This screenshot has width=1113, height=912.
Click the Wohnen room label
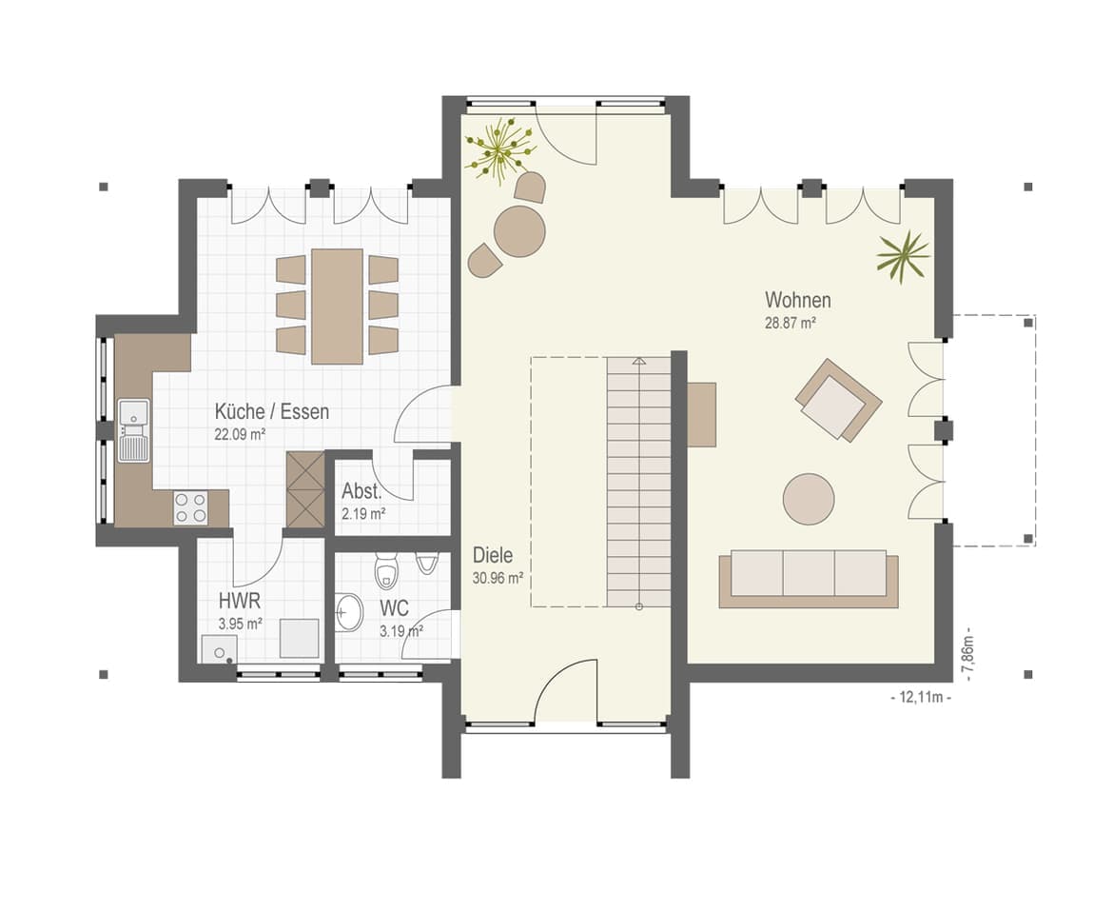click(x=798, y=300)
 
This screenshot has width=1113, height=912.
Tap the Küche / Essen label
click(x=272, y=411)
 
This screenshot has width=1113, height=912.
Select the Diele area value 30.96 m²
click(x=498, y=578)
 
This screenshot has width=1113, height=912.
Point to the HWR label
click(x=239, y=602)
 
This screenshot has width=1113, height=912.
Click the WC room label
click(x=394, y=608)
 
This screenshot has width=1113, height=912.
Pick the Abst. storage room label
click(x=361, y=491)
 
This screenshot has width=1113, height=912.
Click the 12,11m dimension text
click(x=921, y=698)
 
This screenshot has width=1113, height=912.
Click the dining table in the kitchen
click(x=337, y=307)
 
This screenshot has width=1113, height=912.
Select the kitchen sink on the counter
click(x=134, y=430)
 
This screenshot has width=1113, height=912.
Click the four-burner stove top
click(x=191, y=507)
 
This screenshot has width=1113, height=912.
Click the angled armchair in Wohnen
click(x=838, y=400)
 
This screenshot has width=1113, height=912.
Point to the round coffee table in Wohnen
click(x=809, y=500)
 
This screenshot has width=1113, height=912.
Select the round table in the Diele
click(x=519, y=231)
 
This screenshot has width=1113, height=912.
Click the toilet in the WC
click(x=385, y=572)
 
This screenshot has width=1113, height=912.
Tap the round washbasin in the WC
click(x=348, y=611)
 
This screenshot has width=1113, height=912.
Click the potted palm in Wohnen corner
click(x=903, y=256)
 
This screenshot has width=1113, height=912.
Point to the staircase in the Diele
click(x=638, y=483)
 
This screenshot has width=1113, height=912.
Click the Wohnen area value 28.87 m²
click(x=790, y=323)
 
